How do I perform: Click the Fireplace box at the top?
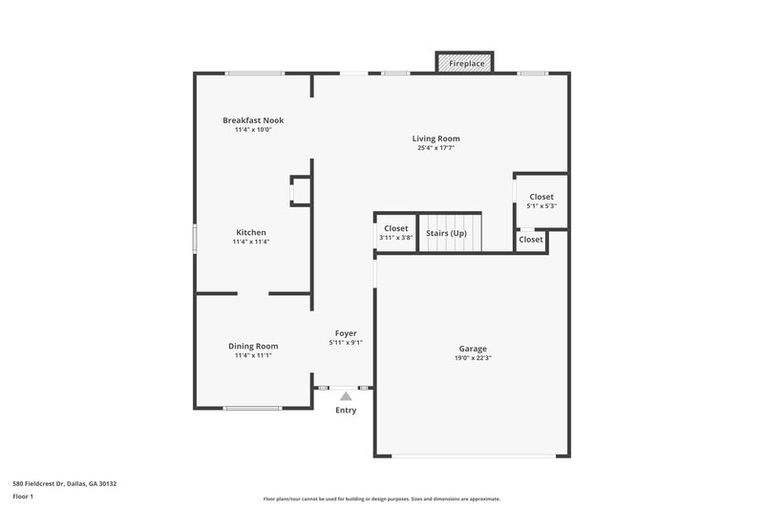point(465,63)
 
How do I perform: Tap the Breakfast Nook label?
point(253,120)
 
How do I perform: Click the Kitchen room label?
point(251,232)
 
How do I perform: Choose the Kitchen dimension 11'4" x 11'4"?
point(251,242)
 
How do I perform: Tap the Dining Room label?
point(253,346)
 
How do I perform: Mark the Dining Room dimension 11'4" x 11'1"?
point(253,355)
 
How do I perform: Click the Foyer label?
point(345,333)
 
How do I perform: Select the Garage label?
point(472,350)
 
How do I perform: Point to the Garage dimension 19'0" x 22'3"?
point(472,359)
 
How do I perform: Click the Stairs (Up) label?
point(446,232)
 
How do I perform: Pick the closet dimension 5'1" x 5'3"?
point(541,206)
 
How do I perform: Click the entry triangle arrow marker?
point(345,394)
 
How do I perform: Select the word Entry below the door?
point(345,411)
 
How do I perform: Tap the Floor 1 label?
point(22,498)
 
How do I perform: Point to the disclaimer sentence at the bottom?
point(381,498)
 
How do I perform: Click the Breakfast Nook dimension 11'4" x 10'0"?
point(253,130)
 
